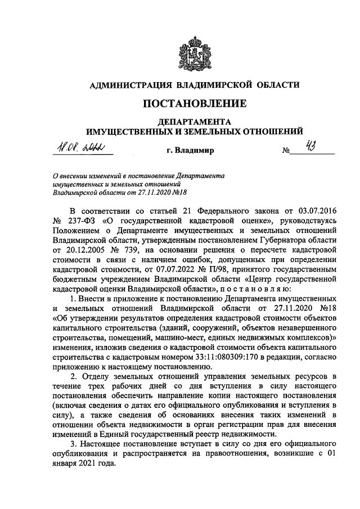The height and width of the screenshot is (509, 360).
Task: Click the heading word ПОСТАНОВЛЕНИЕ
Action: (x=195, y=103)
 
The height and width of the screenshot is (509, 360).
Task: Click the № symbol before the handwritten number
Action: (x=286, y=151)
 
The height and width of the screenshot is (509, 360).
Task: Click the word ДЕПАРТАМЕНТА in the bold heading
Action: (x=195, y=121)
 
